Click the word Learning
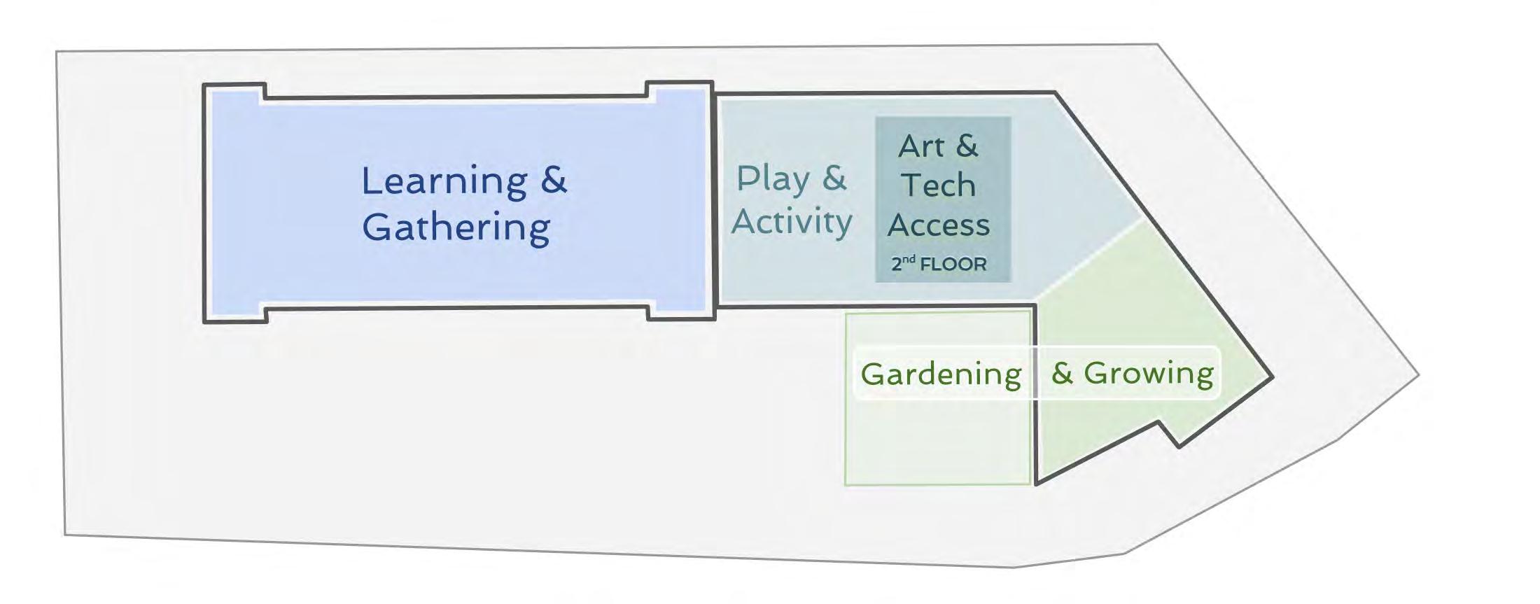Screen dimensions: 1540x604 (x=444, y=181)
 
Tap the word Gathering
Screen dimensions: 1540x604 (x=456, y=227)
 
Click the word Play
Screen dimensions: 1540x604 (x=773, y=179)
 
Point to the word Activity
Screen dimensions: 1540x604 (x=792, y=223)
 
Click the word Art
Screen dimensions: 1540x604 (x=920, y=147)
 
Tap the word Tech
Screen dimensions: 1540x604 (x=938, y=185)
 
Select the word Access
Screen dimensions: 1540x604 (x=938, y=225)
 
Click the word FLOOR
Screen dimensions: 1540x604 (x=953, y=265)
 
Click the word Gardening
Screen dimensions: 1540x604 (x=941, y=374)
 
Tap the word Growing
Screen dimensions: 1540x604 (x=1148, y=373)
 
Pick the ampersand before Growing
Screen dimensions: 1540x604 (x=1062, y=373)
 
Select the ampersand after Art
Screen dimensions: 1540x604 (x=967, y=146)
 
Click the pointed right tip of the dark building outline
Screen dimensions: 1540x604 (x=1271, y=377)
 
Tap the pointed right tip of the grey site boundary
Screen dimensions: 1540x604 (x=1417, y=375)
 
